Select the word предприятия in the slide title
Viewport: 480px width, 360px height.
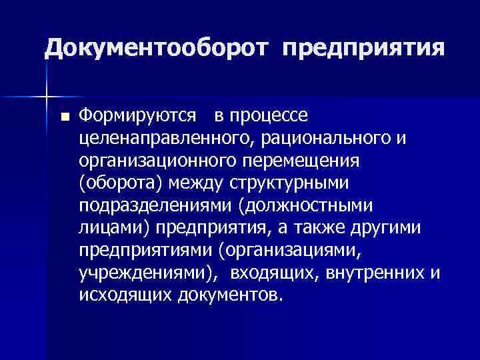[363, 49]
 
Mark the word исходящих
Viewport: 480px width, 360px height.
[125, 295]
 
